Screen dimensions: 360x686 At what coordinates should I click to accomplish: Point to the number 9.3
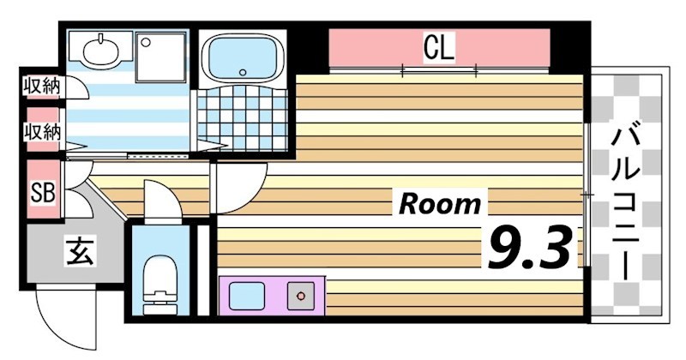click(529, 247)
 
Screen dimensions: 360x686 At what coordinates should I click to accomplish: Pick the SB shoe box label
click(42, 193)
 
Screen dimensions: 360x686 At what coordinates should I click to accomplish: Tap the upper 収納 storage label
click(40, 87)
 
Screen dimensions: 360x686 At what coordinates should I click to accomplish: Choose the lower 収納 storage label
click(40, 132)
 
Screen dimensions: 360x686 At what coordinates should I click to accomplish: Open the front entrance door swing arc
click(60, 304)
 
